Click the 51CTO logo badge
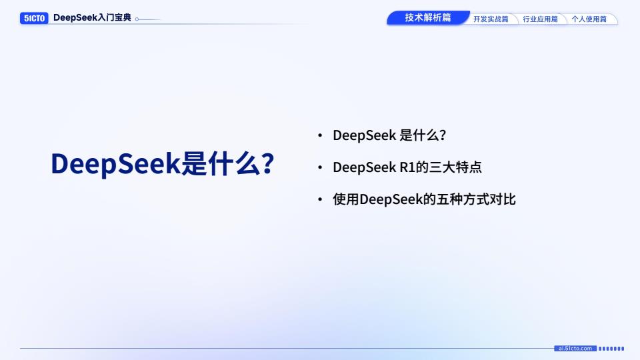pos(34,19)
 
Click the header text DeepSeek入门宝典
pos(92,18)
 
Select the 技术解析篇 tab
pos(428,17)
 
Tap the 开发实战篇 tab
pos(491,19)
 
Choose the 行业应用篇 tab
pos(540,19)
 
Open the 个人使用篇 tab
pos(589,19)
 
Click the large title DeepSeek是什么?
pos(163,163)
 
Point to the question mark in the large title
pos(267,163)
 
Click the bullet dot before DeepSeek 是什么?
pos(320,135)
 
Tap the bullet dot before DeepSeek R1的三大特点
pos(320,167)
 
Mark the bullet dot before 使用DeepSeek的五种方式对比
pos(320,199)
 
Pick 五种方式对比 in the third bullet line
pos(476,199)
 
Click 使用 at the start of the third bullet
pos(346,199)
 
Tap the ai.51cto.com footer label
pos(575,349)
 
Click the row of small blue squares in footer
pos(611,349)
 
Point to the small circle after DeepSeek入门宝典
pos(137,19)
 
